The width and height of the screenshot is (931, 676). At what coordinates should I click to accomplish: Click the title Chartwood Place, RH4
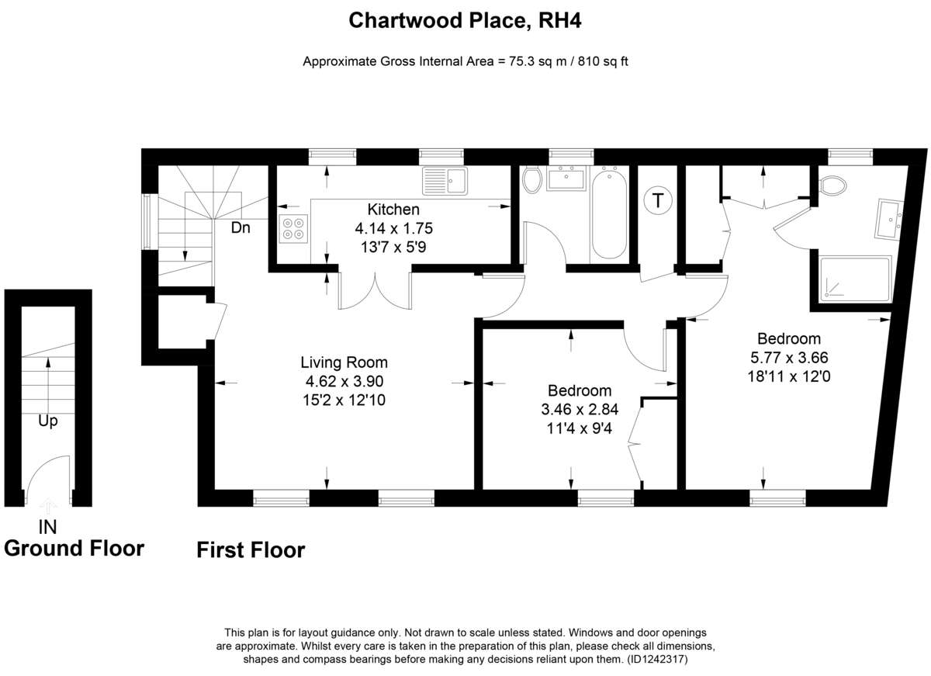(465, 20)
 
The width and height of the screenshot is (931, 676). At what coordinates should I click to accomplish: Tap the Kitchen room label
(393, 209)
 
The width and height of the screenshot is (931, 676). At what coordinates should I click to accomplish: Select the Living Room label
(344, 362)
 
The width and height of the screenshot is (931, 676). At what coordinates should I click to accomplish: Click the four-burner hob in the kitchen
(293, 229)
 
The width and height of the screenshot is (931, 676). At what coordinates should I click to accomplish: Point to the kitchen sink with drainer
(445, 181)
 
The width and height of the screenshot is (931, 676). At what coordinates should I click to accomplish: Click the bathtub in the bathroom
(609, 213)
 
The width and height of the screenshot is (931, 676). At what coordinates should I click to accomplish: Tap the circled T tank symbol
(658, 200)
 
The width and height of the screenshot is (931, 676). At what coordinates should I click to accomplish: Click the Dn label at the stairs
(241, 227)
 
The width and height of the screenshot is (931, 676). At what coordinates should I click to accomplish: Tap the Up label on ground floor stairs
(48, 421)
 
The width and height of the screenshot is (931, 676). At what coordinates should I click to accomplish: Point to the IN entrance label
(47, 527)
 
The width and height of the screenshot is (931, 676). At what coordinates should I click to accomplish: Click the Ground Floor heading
(74, 549)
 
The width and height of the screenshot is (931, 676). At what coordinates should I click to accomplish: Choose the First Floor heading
(251, 550)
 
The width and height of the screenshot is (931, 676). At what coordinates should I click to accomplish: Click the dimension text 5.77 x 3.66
(789, 358)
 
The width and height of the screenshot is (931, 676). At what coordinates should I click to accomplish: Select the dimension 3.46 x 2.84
(580, 410)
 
